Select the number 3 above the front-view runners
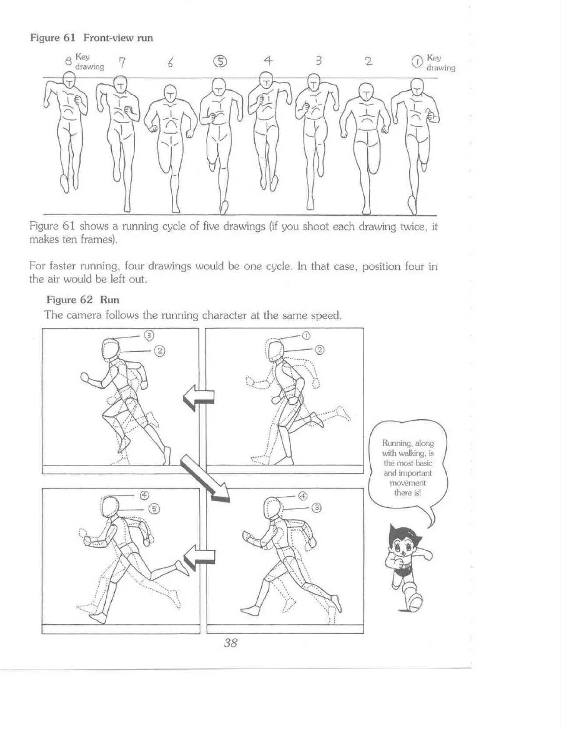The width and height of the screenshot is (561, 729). coord(319,61)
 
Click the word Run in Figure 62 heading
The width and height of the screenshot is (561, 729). coord(110,300)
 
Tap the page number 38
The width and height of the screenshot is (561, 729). coord(231,643)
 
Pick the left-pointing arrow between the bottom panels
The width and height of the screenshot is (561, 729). coord(199,557)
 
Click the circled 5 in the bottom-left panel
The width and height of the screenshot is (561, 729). coord(154,509)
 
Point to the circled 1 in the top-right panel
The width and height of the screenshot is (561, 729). coord(306,336)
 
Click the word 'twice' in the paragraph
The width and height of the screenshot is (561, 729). coord(412,227)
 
